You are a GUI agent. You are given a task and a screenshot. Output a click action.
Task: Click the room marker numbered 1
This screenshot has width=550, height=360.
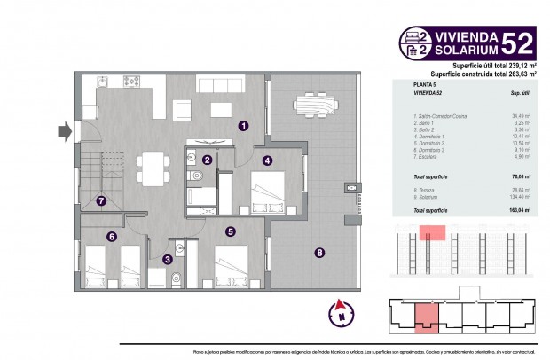click(242, 126)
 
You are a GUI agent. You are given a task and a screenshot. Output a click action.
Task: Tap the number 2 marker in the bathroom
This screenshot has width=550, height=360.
click(206, 160)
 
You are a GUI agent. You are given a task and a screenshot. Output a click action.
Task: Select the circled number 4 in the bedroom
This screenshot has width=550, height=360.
click(267, 160)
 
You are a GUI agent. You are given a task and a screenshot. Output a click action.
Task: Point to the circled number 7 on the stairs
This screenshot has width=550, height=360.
click(102, 200)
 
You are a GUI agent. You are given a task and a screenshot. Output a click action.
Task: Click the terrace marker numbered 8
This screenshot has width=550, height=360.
click(319, 253)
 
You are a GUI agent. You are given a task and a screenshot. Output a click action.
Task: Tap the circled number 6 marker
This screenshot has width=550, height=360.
click(111, 236)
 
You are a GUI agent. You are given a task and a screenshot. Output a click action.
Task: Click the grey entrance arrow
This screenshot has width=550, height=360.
click(63, 133)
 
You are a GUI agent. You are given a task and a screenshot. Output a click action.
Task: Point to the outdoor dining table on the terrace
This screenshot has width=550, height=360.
click(315, 106)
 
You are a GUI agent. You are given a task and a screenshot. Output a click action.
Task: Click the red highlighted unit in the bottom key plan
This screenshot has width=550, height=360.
click(427, 317)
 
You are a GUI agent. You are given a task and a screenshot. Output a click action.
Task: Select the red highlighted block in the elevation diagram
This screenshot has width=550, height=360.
click(432, 233)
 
